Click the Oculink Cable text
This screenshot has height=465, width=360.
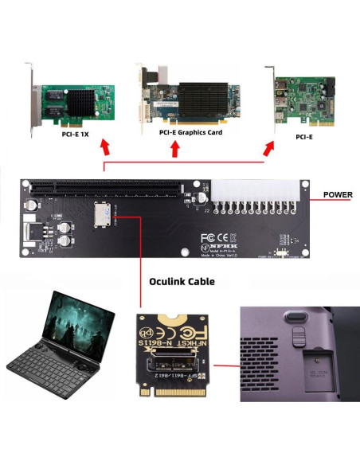click(182, 281)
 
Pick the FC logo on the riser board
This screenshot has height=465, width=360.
click(208, 236)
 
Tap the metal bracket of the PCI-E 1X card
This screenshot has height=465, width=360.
click(30, 96)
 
